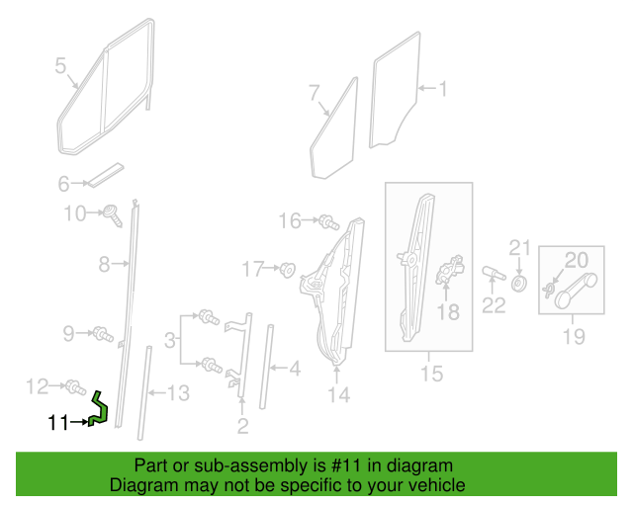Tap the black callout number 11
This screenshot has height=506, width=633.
pyautogui.click(x=58, y=423)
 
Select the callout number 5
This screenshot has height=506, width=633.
pyautogui.click(x=60, y=65)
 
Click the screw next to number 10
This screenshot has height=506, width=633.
pyautogui.click(x=113, y=215)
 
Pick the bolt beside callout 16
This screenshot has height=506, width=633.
pyautogui.click(x=328, y=222)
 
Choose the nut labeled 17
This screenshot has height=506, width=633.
pyautogui.click(x=288, y=269)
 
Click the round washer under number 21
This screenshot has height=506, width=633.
pyautogui.click(x=518, y=284)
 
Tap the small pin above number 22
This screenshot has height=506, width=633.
pyautogui.click(x=494, y=273)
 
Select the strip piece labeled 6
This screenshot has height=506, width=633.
pyautogui.click(x=106, y=176)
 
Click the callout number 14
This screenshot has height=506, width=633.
pyautogui.click(x=338, y=394)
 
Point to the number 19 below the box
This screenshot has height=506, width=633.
pyautogui.click(x=574, y=336)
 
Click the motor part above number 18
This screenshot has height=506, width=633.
pyautogui.click(x=450, y=269)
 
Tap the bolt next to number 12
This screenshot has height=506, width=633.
pyautogui.click(x=75, y=387)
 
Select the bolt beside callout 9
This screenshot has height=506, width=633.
pyautogui.click(x=103, y=334)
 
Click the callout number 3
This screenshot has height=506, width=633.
pyautogui.click(x=170, y=340)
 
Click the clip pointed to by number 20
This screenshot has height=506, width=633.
pyautogui.click(x=548, y=291)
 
